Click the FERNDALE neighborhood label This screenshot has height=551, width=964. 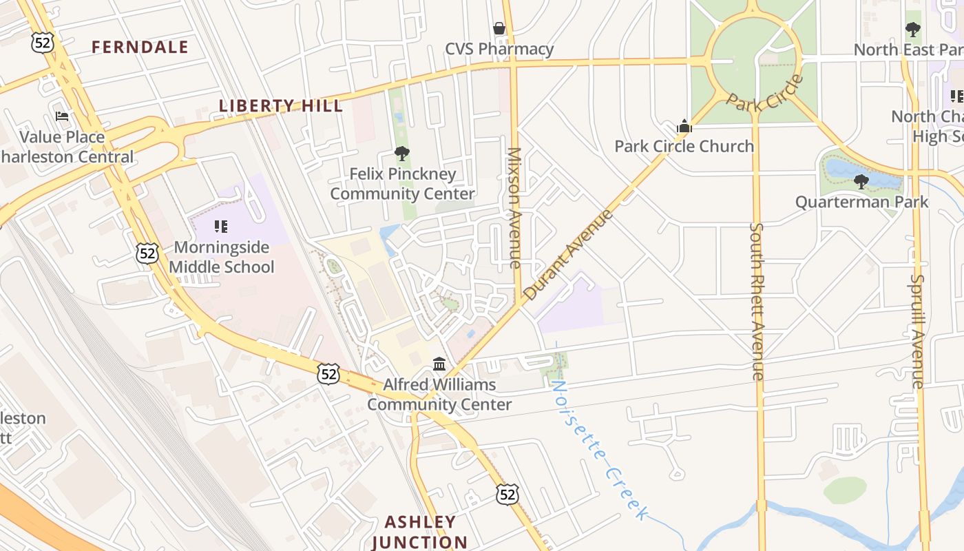(x=140, y=47)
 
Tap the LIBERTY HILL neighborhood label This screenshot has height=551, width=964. (x=281, y=105)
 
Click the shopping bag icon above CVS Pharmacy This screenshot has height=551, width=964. (x=499, y=28)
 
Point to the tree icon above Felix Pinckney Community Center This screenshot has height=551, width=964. (x=402, y=154)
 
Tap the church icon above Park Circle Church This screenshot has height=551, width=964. (x=684, y=126)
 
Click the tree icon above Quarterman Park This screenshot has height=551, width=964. (x=861, y=182)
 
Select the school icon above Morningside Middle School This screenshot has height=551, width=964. (x=221, y=226)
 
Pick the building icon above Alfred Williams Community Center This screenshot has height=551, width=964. (x=439, y=364)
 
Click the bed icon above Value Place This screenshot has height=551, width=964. (x=62, y=116)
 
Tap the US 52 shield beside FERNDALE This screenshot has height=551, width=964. (x=42, y=43)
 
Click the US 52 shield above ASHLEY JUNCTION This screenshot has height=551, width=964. (x=507, y=493)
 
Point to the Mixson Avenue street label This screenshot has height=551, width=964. (x=514, y=207)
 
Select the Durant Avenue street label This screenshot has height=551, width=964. (x=568, y=255)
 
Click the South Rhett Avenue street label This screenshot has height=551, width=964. (x=757, y=301)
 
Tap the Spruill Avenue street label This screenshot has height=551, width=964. (x=916, y=331)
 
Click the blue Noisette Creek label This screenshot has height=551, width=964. (x=599, y=451)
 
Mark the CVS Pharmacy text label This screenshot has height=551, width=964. (x=499, y=49)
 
